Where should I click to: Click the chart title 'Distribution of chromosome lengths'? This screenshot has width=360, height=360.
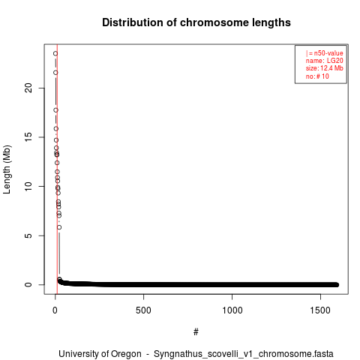tap(196, 22)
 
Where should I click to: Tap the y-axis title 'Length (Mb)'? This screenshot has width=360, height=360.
tap(7, 169)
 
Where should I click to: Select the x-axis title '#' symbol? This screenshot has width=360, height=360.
tap(196, 332)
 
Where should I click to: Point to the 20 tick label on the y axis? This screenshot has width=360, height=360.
tap(28, 88)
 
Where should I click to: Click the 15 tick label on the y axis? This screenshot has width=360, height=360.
tap(28, 137)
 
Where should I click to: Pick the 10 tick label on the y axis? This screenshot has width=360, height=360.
tap(28, 186)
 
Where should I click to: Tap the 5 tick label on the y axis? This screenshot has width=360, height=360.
tap(28, 235)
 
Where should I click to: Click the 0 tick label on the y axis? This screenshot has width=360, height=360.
tap(28, 284)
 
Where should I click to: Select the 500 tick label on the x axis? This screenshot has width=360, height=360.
tap(143, 310)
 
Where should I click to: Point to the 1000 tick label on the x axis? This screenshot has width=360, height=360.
tap(232, 310)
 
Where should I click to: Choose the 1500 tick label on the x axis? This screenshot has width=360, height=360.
tap(320, 310)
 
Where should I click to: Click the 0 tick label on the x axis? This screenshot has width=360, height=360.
tap(55, 310)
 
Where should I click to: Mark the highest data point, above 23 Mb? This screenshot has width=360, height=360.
tap(55, 53)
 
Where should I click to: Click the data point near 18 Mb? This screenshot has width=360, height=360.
tap(55, 110)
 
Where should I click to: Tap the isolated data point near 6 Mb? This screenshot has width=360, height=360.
tap(59, 227)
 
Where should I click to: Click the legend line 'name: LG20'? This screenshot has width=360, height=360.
tap(324, 61)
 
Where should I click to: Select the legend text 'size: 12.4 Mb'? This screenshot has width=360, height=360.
tap(324, 68)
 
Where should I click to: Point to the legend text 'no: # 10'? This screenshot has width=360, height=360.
tap(317, 76)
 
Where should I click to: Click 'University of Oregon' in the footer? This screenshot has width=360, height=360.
tap(100, 354)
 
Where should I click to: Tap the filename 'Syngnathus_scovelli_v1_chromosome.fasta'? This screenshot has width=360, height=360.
tap(244, 354)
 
